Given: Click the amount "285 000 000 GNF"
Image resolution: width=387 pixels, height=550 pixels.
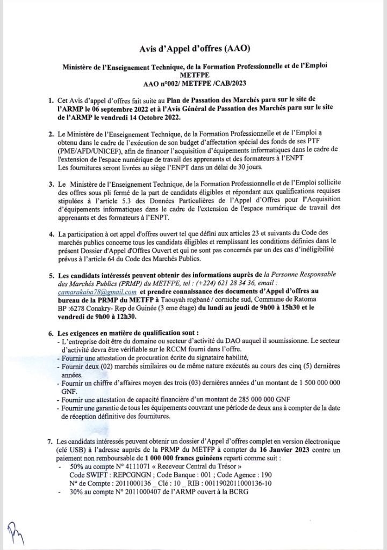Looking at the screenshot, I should pyautogui.click(x=263, y=399).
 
